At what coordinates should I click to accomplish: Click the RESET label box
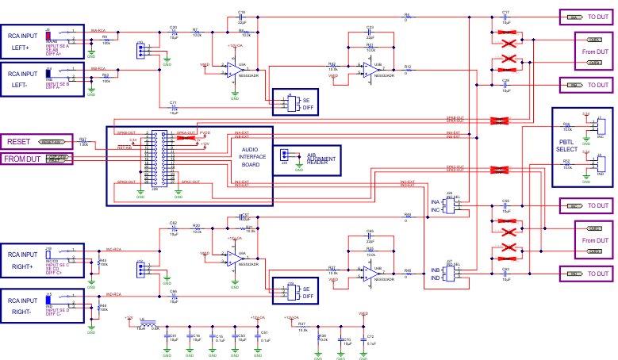17,142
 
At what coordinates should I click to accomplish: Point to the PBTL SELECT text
568,146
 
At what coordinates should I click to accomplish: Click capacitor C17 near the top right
505,17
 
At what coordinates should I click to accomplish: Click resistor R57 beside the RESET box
84,142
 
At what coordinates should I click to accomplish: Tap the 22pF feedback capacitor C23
370,31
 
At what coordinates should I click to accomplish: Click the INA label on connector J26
435,203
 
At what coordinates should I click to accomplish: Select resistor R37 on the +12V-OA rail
302,324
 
